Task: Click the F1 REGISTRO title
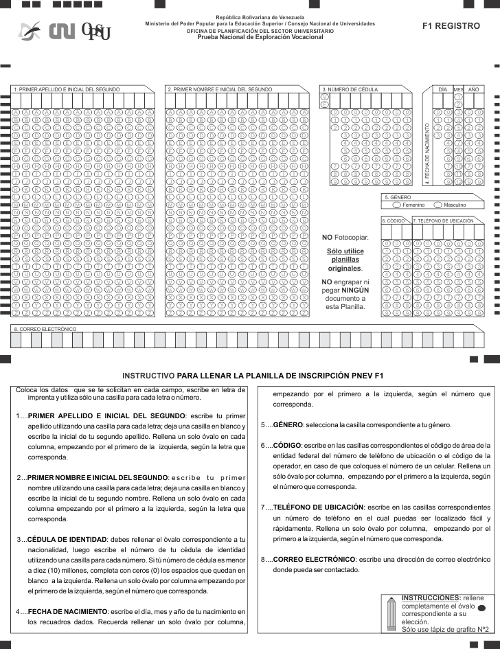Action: click(x=451, y=25)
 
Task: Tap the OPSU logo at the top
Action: click(x=95, y=31)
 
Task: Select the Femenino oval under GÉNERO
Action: click(x=396, y=205)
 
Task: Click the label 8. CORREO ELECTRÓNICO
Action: click(x=45, y=330)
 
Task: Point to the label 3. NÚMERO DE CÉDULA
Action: click(x=350, y=90)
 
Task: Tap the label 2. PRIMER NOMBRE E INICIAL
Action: click(x=220, y=90)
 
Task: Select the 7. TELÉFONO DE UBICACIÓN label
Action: click(x=444, y=221)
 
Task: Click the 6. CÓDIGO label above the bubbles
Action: click(x=394, y=221)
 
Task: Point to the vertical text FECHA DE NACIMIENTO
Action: click(x=427, y=152)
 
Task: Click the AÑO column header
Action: click(x=474, y=90)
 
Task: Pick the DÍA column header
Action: click(x=443, y=90)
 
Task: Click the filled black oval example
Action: click(x=481, y=608)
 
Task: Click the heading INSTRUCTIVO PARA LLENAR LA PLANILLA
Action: click(x=253, y=376)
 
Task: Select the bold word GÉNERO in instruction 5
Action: click(x=288, y=424)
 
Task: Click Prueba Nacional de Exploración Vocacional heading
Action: click(x=260, y=36)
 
